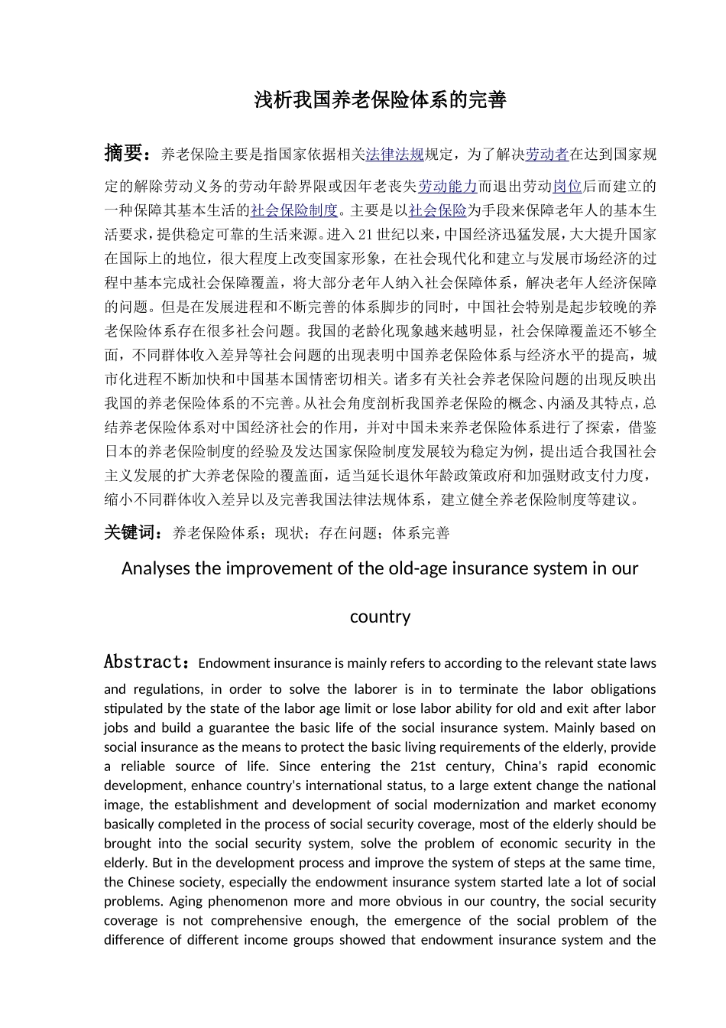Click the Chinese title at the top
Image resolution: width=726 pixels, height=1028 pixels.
click(380, 100)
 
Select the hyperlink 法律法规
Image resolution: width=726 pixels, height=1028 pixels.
click(394, 155)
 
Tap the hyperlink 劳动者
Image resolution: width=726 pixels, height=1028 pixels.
click(547, 155)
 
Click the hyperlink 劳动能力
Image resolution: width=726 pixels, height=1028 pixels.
click(447, 187)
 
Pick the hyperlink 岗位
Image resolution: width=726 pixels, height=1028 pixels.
click(567, 187)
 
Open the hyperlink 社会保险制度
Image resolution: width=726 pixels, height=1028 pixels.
click(293, 210)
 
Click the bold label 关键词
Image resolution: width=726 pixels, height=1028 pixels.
click(131, 532)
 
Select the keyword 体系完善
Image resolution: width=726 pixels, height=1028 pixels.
click(421, 534)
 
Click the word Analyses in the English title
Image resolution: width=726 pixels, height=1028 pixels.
click(156, 568)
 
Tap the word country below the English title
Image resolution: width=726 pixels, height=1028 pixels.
click(380, 616)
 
